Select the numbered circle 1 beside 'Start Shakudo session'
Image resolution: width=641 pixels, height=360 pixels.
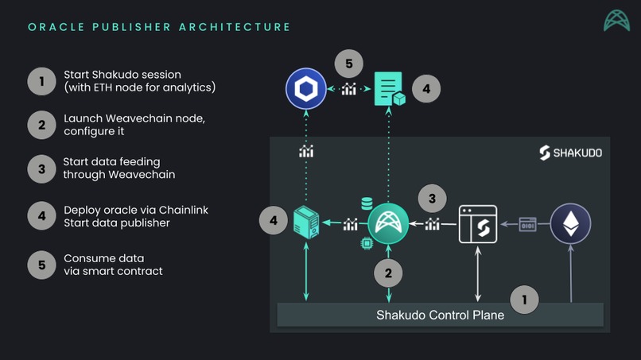pyautogui.click(x=41, y=80)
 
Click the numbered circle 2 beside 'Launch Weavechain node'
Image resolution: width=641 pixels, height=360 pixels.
pyautogui.click(x=41, y=125)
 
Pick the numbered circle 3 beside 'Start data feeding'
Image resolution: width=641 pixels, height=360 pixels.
pyautogui.click(x=41, y=168)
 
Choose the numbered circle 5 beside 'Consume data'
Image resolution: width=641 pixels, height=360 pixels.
pyautogui.click(x=41, y=265)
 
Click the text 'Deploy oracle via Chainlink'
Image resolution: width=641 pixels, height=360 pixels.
pyautogui.click(x=136, y=210)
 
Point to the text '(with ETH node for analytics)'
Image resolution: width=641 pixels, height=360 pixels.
pyautogui.click(x=140, y=87)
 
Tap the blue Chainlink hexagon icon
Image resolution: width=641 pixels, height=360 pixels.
pyautogui.click(x=305, y=89)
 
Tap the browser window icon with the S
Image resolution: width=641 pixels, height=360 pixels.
pyautogui.click(x=478, y=224)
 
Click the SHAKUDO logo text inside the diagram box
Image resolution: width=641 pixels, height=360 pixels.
pyautogui.click(x=570, y=153)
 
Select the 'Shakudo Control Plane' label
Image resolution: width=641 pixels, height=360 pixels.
pyautogui.click(x=440, y=315)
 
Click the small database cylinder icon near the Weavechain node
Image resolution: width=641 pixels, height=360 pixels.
pyautogui.click(x=367, y=204)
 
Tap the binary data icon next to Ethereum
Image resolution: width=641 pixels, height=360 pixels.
pyautogui.click(x=527, y=224)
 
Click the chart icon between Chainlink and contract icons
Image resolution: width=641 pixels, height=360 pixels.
pyautogui.click(x=348, y=89)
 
